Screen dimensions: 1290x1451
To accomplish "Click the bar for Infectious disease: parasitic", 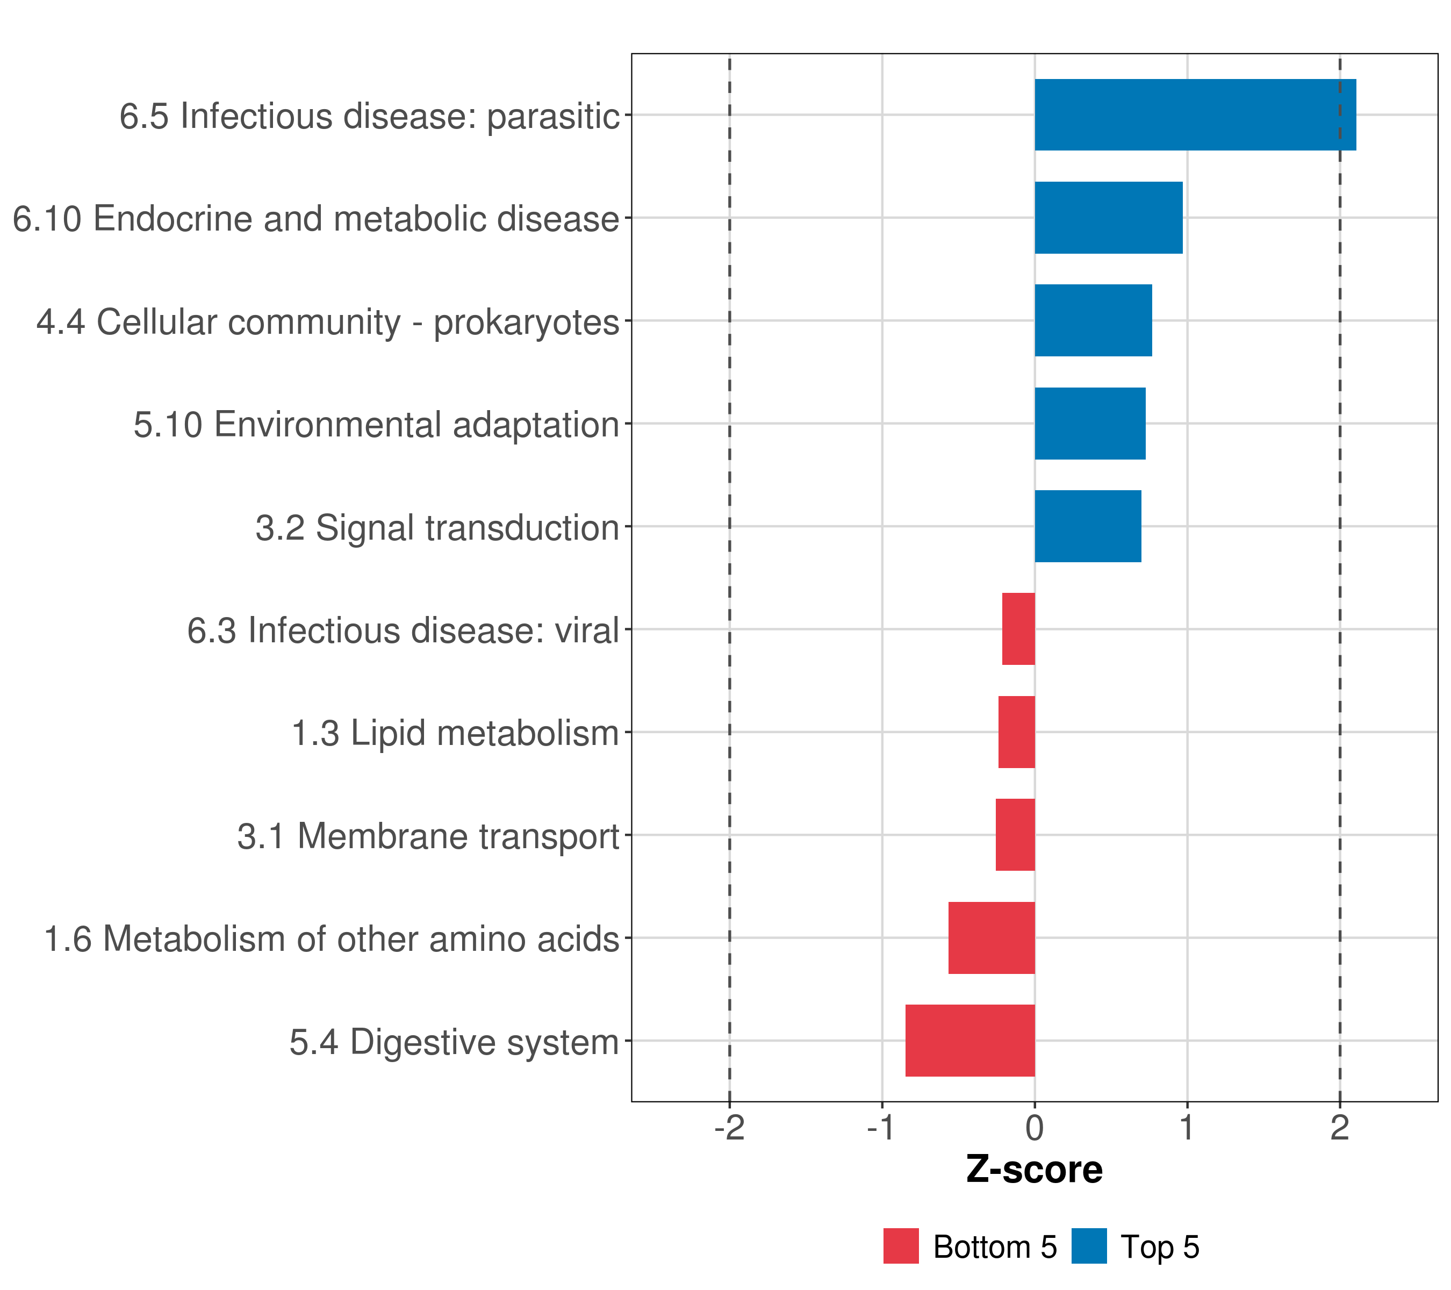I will point(1195,114).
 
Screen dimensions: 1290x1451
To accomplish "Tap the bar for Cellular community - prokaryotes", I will point(1093,320).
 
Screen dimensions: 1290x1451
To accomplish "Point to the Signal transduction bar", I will point(1088,526).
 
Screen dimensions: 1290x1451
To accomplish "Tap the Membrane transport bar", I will point(1015,835).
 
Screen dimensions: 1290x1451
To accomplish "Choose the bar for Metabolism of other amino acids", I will point(991,938).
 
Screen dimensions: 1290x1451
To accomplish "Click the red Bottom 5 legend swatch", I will point(901,1246).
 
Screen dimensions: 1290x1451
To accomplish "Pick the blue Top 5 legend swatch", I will point(1089,1246).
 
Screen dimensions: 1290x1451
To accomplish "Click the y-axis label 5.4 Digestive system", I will point(454,1042).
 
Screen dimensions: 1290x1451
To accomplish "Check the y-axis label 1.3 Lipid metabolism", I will point(455,733).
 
